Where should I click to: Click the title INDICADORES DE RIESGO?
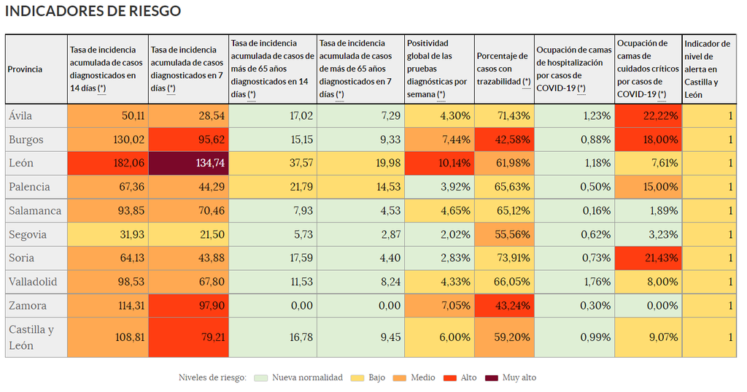pos(93,12)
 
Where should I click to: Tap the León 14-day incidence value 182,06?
pos(108,164)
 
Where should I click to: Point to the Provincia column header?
pos(26,69)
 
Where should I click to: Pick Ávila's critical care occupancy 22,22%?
pos(648,116)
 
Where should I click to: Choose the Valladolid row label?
pos(33,282)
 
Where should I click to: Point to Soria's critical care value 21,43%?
pos(648,258)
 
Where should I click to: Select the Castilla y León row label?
pos(31,337)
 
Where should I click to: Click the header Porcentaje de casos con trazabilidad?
pos(503,69)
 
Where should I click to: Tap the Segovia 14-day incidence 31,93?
pos(108,234)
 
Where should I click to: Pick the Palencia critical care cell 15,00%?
pos(648,187)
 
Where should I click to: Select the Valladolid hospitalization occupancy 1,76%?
pos(574,282)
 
